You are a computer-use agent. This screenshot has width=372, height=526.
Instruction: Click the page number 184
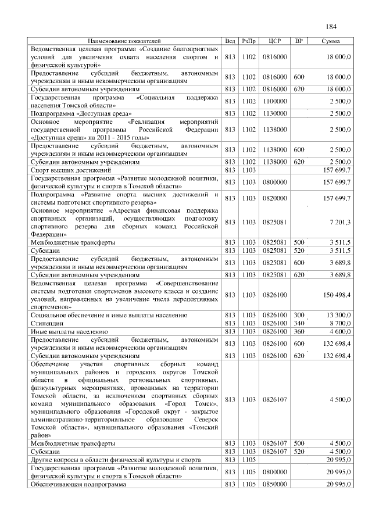pyautogui.click(x=331, y=27)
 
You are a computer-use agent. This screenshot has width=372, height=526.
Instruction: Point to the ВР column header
pyautogui.click(x=299, y=42)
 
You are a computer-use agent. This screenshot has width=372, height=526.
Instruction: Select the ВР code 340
pyautogui.click(x=299, y=322)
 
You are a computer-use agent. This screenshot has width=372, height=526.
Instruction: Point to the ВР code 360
pyautogui.click(x=299, y=331)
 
